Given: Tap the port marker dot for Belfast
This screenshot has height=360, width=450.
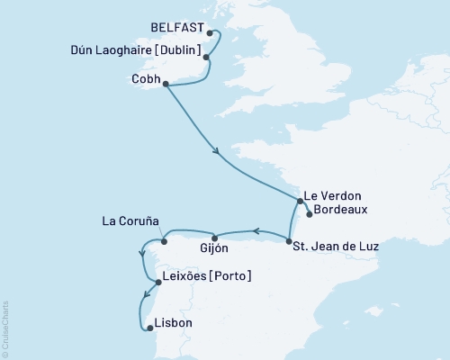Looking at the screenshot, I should [210, 34].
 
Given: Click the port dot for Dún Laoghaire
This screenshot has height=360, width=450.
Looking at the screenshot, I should [207, 58].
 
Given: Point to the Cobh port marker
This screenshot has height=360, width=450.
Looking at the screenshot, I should [165, 84].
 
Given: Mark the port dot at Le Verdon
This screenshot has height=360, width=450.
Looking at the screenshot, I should [301, 201].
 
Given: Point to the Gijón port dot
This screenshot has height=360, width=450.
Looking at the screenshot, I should [214, 238].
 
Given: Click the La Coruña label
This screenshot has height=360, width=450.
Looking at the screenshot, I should [130, 220].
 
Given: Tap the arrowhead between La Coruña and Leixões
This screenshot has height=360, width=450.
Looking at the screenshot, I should [143, 253].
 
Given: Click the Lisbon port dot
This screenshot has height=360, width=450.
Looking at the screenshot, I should [149, 328].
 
